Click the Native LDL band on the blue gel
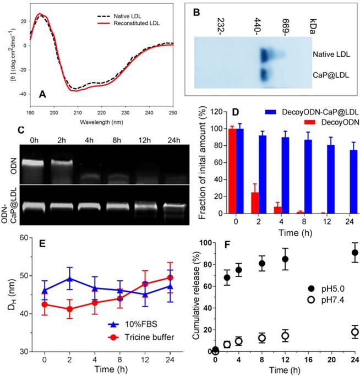click(x=268, y=55)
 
